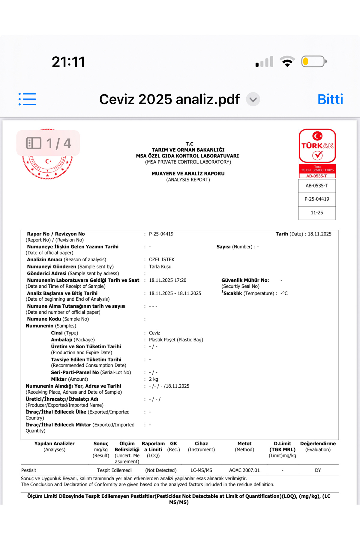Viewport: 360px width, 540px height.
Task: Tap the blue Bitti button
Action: click(x=330, y=99)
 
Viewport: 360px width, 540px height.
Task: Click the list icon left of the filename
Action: click(x=27, y=99)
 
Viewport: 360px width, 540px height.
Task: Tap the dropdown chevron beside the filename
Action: click(x=253, y=99)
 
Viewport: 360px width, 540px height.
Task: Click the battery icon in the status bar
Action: click(x=313, y=61)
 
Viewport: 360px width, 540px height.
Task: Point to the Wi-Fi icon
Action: click(x=287, y=61)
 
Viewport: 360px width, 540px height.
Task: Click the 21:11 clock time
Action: click(x=68, y=62)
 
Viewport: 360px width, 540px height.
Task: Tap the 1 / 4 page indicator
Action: click(x=48, y=143)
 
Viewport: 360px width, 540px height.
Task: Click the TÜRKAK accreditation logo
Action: click(x=317, y=146)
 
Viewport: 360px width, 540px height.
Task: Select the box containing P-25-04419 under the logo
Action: click(x=317, y=199)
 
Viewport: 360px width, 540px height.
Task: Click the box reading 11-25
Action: click(x=317, y=213)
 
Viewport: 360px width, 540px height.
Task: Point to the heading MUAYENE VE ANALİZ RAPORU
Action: click(x=188, y=173)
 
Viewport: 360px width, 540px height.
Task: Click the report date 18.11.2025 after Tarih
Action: click(x=319, y=234)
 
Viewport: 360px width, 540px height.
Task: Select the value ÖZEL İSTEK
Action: click(x=162, y=259)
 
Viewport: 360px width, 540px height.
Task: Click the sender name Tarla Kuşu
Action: click(x=160, y=267)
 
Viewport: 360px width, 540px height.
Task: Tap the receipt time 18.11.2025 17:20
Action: click(x=168, y=280)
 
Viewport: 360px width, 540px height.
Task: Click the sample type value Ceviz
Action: click(x=154, y=333)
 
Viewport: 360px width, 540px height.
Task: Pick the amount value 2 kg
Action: click(x=154, y=379)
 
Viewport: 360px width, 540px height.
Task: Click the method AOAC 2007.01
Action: click(x=244, y=470)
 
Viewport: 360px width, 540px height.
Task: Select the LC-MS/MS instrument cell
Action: click(x=201, y=470)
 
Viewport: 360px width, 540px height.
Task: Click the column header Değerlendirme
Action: click(x=318, y=444)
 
